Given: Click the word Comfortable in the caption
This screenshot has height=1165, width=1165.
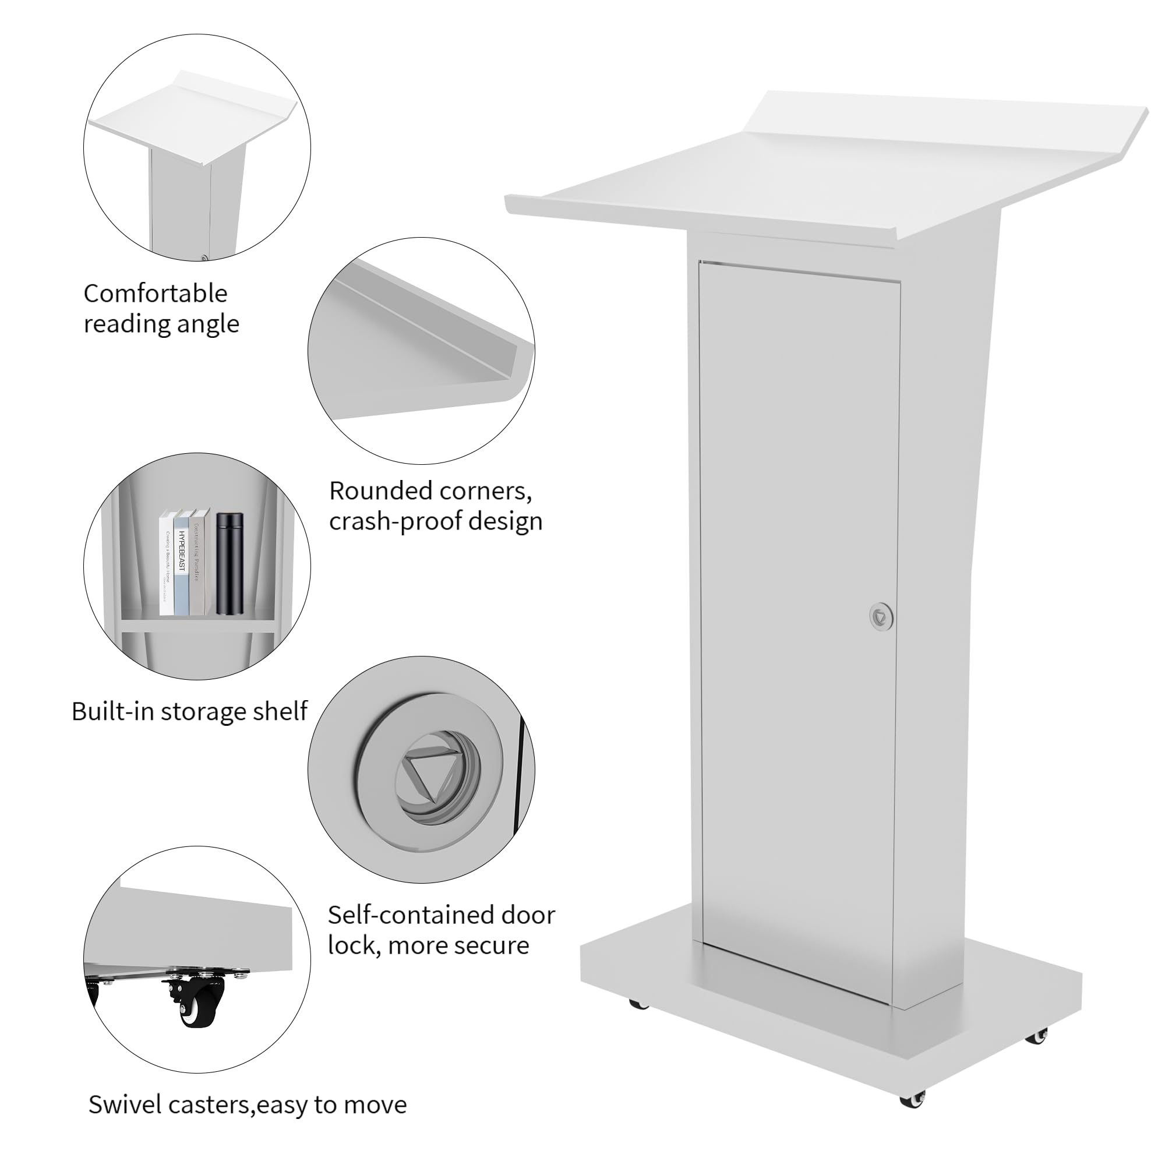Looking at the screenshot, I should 155,294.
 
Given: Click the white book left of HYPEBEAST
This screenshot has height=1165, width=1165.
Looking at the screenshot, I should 166,564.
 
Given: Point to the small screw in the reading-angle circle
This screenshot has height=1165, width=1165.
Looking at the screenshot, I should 204,257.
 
